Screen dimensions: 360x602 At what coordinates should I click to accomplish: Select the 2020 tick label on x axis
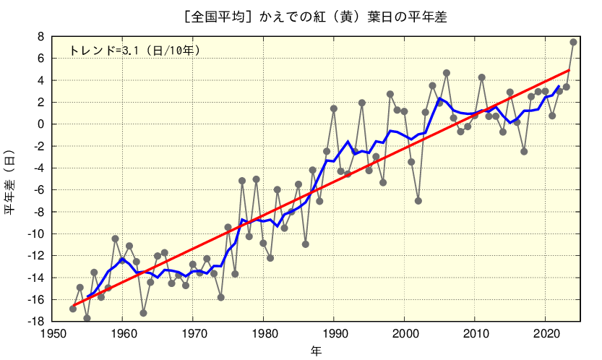tap(545, 333)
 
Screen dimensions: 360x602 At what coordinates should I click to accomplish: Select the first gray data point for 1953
tap(73, 309)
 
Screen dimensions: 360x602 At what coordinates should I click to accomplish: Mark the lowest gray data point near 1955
tap(87, 318)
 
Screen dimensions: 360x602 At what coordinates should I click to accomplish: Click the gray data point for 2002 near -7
tap(418, 201)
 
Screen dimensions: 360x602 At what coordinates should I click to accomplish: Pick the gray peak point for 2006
tap(447, 73)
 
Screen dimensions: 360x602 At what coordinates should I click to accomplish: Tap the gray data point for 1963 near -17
tap(143, 313)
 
